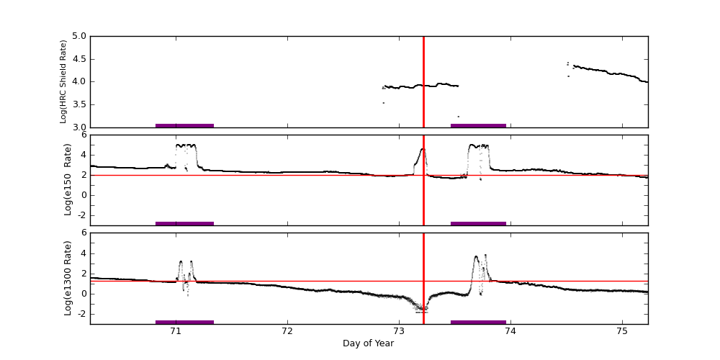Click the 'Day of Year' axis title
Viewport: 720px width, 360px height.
[x=368, y=343]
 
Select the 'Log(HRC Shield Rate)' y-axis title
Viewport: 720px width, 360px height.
[x=63, y=81]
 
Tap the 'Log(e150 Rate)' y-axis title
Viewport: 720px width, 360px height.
[x=68, y=179]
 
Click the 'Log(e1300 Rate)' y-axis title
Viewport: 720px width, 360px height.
[x=68, y=278]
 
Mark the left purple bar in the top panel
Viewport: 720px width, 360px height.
[x=184, y=125]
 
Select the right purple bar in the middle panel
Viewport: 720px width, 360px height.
[x=478, y=223]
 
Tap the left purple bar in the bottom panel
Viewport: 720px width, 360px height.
[x=184, y=322]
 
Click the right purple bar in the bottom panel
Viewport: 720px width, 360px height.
[x=478, y=322]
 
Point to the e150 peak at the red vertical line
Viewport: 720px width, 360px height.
[x=423, y=149]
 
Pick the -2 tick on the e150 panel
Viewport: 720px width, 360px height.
[x=82, y=215]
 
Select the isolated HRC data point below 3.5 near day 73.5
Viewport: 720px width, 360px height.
[x=458, y=117]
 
